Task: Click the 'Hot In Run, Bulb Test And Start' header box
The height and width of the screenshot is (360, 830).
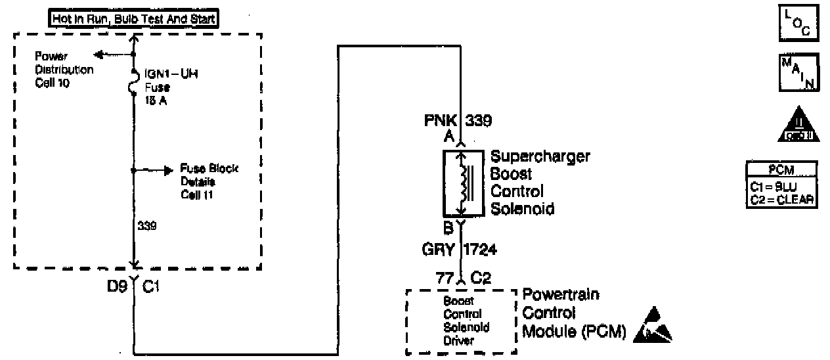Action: pyautogui.click(x=134, y=20)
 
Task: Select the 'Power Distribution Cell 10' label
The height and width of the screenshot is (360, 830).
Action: pyautogui.click(x=64, y=70)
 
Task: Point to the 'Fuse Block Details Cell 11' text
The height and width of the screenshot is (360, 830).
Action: pyautogui.click(x=209, y=182)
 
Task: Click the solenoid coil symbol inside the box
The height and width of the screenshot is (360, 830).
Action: pyautogui.click(x=465, y=183)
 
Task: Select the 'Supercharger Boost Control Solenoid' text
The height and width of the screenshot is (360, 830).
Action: pyautogui.click(x=540, y=183)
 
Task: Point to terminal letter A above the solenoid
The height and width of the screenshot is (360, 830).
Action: pyautogui.click(x=450, y=137)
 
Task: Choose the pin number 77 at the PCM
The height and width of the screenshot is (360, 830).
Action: pyautogui.click(x=445, y=279)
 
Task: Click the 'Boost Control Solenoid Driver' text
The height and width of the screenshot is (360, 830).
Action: pyautogui.click(x=467, y=320)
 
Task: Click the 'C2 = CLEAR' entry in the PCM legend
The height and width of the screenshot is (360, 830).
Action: pyautogui.click(x=781, y=200)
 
